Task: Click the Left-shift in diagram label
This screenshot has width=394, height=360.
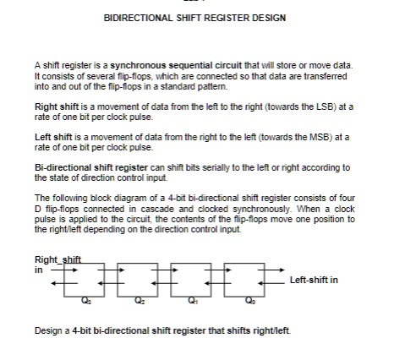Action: pyautogui.click(x=313, y=280)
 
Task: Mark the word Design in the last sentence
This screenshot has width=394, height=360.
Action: pyautogui.click(x=48, y=330)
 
